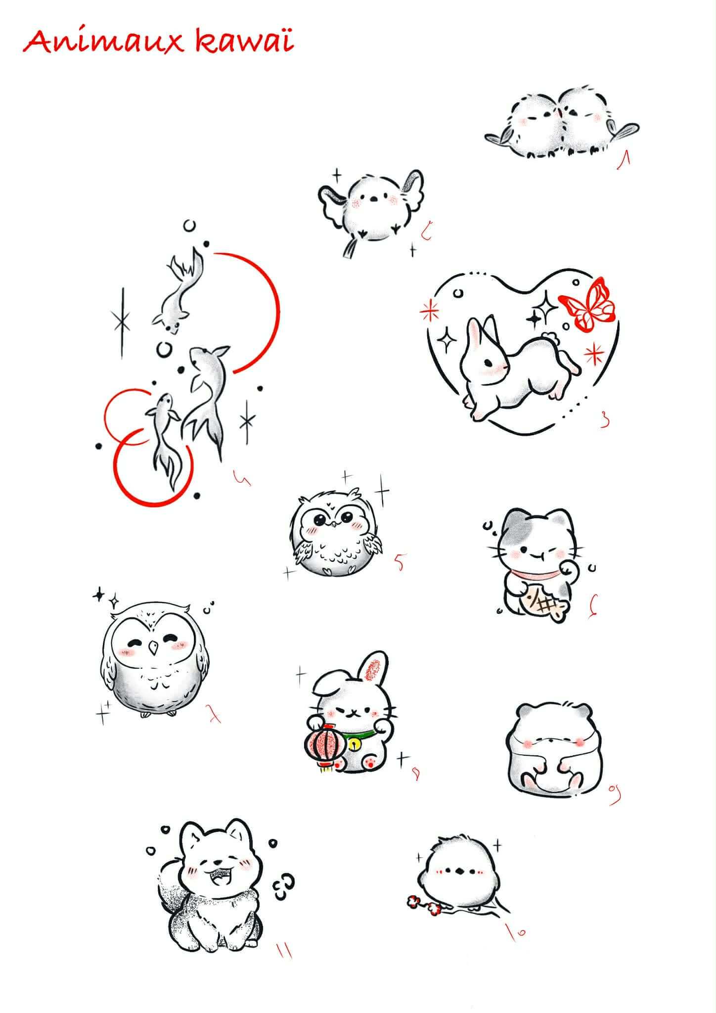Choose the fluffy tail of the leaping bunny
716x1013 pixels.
pyautogui.click(x=549, y=339)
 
